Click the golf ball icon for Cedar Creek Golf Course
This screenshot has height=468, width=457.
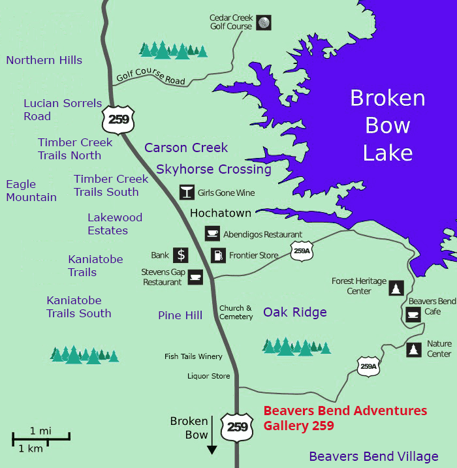click(264, 23)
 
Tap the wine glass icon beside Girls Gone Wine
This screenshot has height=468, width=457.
click(187, 193)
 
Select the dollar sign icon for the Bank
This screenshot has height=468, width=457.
click(181, 255)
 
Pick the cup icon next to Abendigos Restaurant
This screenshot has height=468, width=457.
click(212, 234)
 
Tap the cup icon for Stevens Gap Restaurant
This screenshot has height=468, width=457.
click(195, 277)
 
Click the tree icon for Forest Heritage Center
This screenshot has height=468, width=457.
click(396, 287)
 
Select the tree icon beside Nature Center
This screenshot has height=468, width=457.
click(414, 349)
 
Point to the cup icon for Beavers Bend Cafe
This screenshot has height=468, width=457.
click(413, 315)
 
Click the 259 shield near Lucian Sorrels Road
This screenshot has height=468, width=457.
click(118, 119)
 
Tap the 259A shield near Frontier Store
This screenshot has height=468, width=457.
click(302, 251)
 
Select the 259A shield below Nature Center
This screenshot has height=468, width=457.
click(369, 367)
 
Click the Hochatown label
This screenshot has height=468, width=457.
click(221, 213)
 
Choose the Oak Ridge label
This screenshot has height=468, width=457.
click(294, 313)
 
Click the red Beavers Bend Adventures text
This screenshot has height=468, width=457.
click(345, 411)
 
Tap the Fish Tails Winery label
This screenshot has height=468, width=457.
click(193, 356)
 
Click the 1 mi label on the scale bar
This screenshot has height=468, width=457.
click(40, 431)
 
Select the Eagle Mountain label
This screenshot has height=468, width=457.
click(31, 191)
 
